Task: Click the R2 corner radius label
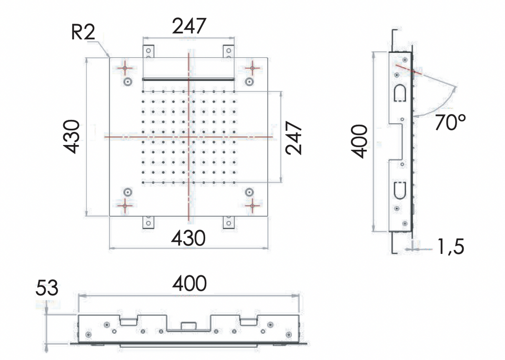pos(83,32)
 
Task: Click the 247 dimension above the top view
pos(189,26)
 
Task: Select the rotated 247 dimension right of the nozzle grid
pos(294,138)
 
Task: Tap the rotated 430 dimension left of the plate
pos(71,137)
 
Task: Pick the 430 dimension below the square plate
pos(188,238)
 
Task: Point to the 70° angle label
pos(450,122)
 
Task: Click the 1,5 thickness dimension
pos(451,247)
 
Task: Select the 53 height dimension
pos(47,287)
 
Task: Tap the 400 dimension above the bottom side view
pos(189,283)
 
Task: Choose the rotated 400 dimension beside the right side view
pos(359,141)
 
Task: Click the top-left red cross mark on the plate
pos(125,68)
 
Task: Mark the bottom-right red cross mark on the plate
pos(252,205)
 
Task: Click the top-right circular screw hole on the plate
pos(249,81)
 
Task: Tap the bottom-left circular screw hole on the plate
pos(128,192)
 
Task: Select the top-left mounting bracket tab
pos(148,52)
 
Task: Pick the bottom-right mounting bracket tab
pos(229,222)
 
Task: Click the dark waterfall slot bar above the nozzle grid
pos(188,79)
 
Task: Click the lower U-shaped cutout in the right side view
pos(400,190)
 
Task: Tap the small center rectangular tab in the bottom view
pos(189,326)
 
